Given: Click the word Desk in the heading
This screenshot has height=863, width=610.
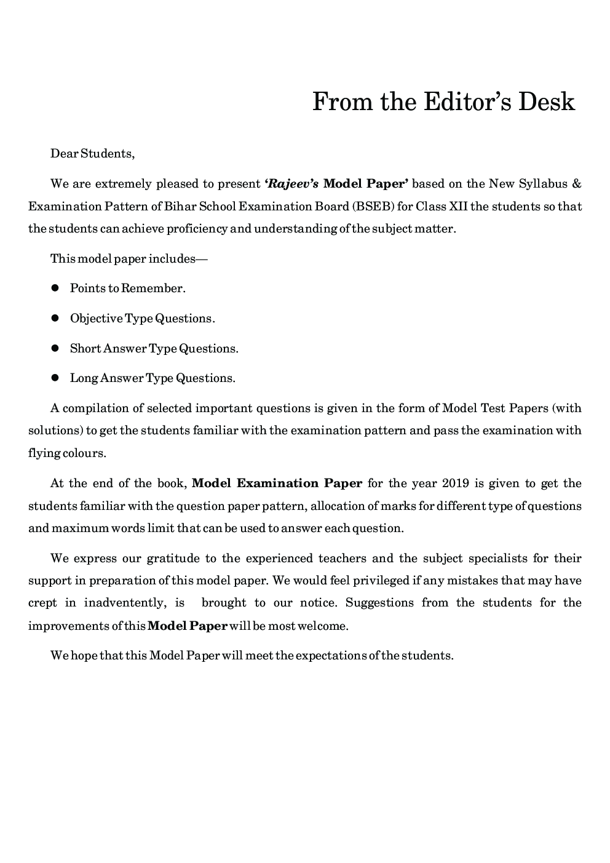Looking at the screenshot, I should tap(547, 102).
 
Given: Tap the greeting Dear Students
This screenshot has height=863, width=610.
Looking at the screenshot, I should tap(92, 153).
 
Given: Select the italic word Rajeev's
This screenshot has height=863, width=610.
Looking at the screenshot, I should tap(291, 183).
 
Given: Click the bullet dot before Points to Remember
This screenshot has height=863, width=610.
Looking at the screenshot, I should tap(55, 288).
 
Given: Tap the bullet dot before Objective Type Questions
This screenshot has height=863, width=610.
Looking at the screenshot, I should tap(55, 318).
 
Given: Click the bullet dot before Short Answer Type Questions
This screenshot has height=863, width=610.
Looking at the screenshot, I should tap(55, 348).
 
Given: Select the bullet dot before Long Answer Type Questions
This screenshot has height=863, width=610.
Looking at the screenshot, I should tap(55, 378).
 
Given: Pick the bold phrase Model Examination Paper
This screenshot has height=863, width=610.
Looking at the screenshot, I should tap(277, 483).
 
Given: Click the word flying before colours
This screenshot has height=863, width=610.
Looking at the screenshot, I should tap(44, 453).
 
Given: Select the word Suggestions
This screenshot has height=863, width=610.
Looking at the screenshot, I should tap(379, 603).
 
